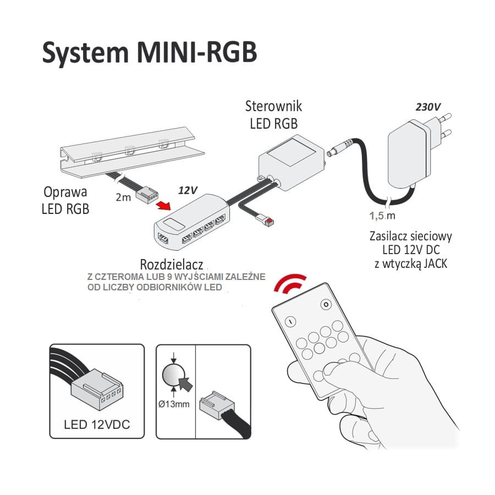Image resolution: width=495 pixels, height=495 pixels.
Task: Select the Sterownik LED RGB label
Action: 274,114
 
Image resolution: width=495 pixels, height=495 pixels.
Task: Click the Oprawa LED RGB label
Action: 67,201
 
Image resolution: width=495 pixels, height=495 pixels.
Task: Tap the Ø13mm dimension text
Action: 174,405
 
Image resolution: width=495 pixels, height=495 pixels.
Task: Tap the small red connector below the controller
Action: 269,222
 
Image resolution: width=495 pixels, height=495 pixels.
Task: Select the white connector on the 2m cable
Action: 147,193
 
